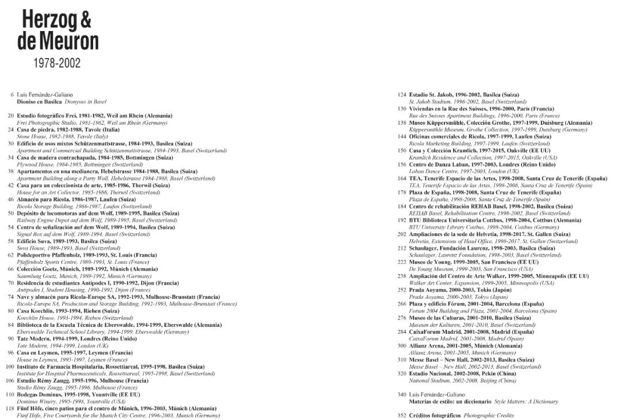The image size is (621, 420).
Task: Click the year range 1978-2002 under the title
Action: [56, 63]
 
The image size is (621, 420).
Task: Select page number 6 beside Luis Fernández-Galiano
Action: [12, 94]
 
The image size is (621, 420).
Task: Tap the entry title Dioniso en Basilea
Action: [39, 101]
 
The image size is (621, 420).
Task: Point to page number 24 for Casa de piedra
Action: [11, 130]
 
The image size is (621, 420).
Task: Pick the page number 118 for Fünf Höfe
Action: [10, 409]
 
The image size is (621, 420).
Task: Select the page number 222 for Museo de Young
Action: [402, 262]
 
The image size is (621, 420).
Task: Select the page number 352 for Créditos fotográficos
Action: [402, 415]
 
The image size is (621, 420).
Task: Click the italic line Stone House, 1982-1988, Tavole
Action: [71, 137]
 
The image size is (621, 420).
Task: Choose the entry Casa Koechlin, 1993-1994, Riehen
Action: [75, 311]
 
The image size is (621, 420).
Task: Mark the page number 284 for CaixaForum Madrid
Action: [402, 332]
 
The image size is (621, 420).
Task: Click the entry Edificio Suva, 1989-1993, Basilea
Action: [70, 241]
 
